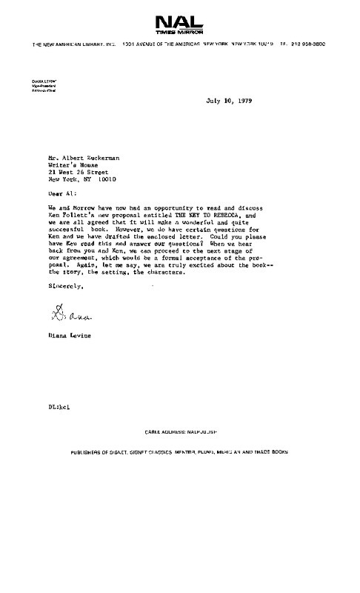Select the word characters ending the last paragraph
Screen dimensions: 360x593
(164, 272)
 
